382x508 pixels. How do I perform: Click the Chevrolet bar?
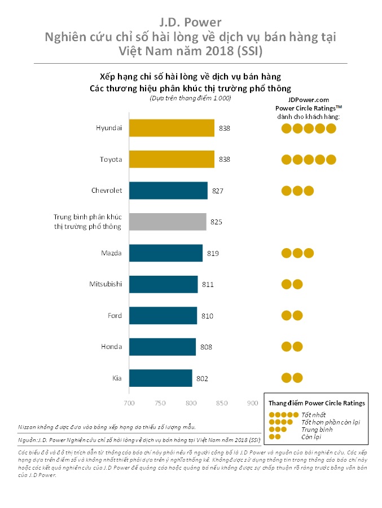coord(168,191)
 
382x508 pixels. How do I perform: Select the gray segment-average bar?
coord(168,222)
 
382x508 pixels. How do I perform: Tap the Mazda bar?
coord(166,253)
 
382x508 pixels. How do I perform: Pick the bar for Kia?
coord(161,378)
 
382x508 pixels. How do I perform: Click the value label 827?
coord(218,191)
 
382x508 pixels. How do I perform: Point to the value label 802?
coord(202,378)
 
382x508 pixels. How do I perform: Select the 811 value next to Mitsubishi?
coord(208,285)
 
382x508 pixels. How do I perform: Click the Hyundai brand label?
coord(109,128)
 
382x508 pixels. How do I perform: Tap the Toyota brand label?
coord(111,160)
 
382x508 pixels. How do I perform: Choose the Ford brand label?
coord(115,316)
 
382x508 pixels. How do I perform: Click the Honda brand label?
coord(112,347)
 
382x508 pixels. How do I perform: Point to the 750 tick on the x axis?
coord(160,403)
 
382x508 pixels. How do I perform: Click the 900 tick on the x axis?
coord(253,403)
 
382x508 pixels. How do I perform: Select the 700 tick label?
coord(129,403)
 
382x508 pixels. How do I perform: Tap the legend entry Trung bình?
coord(317,430)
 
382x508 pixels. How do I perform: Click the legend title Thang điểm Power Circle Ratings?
coord(316,403)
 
